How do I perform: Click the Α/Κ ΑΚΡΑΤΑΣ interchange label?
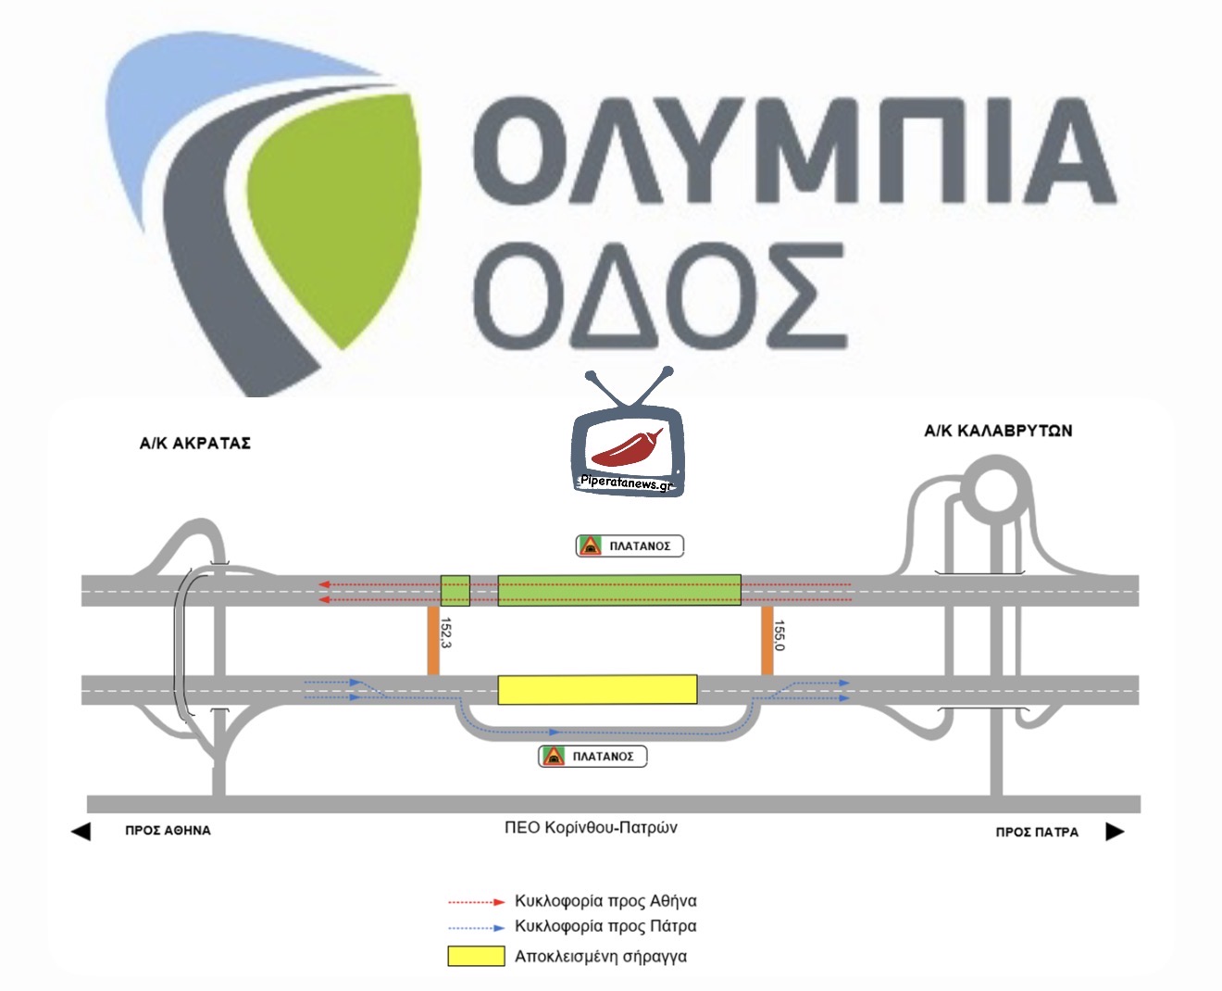(194, 443)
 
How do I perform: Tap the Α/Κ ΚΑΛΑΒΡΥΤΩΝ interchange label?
(998, 431)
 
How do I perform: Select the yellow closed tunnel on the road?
(597, 690)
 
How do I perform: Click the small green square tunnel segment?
(455, 591)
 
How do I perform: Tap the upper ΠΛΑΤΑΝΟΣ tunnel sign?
(630, 546)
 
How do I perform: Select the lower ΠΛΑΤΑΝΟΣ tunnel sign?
(592, 757)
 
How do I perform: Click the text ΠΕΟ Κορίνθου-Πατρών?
(591, 827)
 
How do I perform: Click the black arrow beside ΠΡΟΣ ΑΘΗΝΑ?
(81, 831)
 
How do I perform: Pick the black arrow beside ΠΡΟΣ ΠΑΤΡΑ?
(1116, 832)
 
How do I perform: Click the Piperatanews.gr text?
(627, 483)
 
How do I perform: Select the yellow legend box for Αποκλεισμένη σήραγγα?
(476, 956)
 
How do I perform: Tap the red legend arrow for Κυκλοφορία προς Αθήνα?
(476, 901)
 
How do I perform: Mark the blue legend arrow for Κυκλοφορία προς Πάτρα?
(476, 927)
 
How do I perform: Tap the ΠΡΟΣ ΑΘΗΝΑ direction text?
(168, 831)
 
